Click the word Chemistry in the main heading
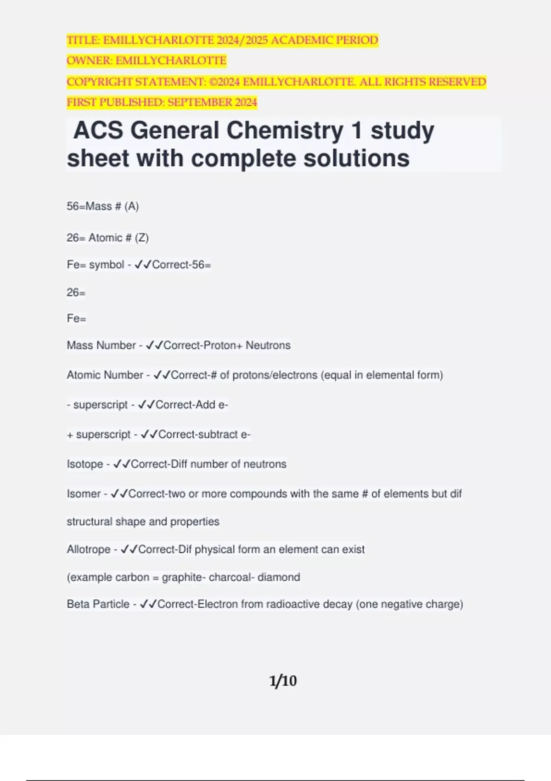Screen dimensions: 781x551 [285, 130]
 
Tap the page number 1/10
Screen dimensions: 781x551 [283, 680]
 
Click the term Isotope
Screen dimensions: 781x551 [85, 464]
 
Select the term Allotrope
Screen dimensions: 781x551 [89, 549]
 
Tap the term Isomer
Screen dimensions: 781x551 [84, 494]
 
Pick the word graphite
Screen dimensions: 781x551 [182, 577]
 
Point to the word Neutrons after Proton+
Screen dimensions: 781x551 [268, 345]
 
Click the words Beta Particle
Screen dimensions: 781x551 [98, 604]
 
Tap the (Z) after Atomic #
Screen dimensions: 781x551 [142, 238]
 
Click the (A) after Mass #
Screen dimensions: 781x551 [132, 206]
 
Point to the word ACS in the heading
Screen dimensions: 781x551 [98, 130]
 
